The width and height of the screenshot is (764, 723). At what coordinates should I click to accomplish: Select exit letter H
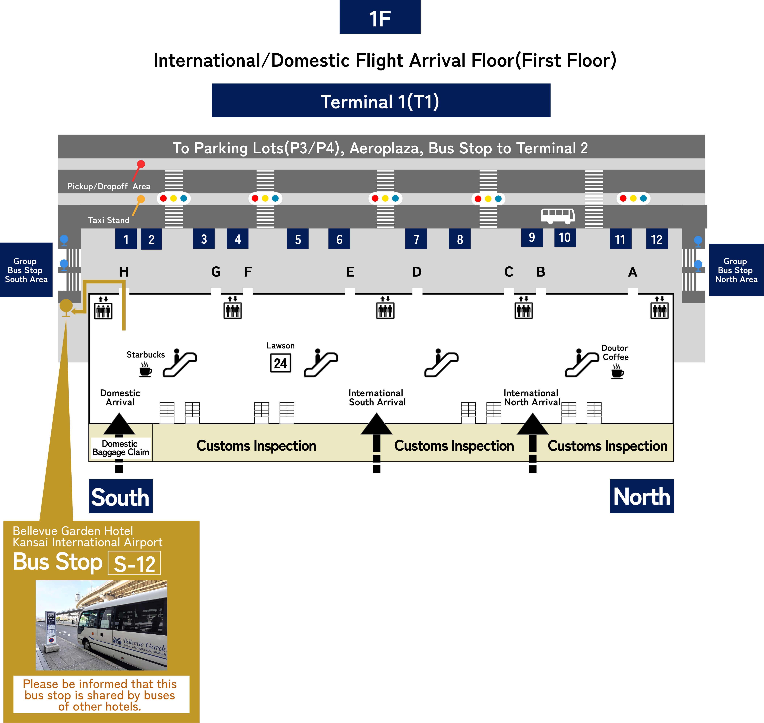[124, 272]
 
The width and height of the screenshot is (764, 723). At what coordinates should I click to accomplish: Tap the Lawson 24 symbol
[281, 363]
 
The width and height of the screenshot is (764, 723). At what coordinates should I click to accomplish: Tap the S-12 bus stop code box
[134, 563]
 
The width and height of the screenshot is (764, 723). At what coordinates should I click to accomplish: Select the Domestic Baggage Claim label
[120, 448]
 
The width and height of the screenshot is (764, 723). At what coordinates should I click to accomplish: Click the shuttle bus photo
[101, 625]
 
